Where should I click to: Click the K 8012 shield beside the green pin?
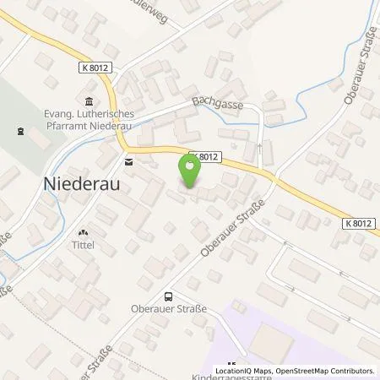[204, 156]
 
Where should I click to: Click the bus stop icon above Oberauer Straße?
[169, 296]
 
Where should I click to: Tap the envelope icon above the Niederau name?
[128, 160]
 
